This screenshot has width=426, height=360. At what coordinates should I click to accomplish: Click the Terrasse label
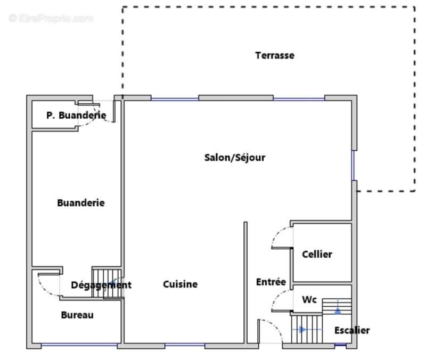pyautogui.click(x=274, y=55)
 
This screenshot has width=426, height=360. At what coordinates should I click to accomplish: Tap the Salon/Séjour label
pyautogui.click(x=234, y=158)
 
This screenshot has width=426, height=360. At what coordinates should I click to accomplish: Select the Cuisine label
pyautogui.click(x=180, y=284)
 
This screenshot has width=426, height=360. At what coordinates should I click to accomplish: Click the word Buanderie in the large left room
pyautogui.click(x=80, y=203)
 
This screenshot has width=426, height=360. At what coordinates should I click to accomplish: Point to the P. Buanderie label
pyautogui.click(x=76, y=115)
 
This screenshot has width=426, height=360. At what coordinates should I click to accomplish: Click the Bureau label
pyautogui.click(x=77, y=315)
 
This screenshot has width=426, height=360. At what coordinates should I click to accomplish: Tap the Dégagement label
pyautogui.click(x=101, y=285)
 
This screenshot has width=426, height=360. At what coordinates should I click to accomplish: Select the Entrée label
pyautogui.click(x=271, y=282)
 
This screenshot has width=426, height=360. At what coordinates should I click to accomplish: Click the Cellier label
pyautogui.click(x=317, y=254)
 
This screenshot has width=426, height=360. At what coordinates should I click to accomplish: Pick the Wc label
pyautogui.click(x=309, y=300)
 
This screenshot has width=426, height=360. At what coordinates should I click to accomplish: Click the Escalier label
pyautogui.click(x=351, y=330)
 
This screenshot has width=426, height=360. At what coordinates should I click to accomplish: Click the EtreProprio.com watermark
pyautogui.click(x=51, y=19)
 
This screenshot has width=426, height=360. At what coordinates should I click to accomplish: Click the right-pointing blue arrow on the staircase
pyautogui.click(x=302, y=330)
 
